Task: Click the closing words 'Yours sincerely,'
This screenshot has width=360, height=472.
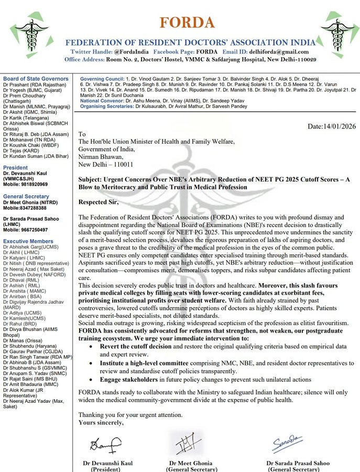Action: pos(101,422)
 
